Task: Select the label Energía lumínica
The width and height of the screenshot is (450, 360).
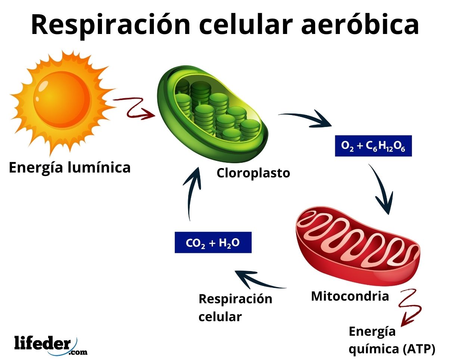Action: pyautogui.click(x=70, y=167)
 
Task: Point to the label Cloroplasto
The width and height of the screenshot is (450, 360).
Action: pyautogui.click(x=253, y=173)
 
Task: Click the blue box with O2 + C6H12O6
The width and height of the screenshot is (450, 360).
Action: pyautogui.click(x=373, y=146)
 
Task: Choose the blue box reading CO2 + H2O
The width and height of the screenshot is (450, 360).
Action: pyautogui.click(x=213, y=243)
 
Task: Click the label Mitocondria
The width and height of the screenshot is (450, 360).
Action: pyautogui.click(x=350, y=296)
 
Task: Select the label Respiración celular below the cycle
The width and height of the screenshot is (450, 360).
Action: pyautogui.click(x=235, y=307)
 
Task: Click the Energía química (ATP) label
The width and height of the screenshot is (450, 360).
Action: pyautogui.click(x=391, y=340)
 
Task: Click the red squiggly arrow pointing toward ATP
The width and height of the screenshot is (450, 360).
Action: pyautogui.click(x=410, y=306)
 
